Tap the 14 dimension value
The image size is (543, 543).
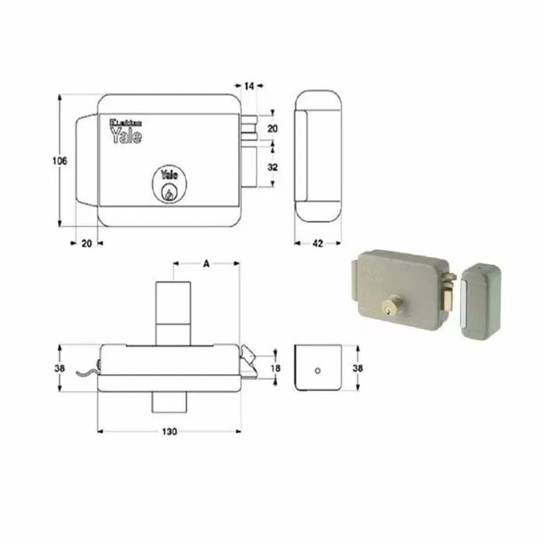pyautogui.click(x=249, y=87)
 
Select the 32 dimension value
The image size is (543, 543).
pyautogui.click(x=272, y=167)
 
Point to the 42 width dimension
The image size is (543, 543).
pyautogui.click(x=317, y=243)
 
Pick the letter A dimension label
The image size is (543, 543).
pyautogui.click(x=206, y=264)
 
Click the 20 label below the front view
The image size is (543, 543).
pyautogui.click(x=86, y=243)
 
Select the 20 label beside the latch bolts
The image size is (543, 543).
pyautogui.click(x=272, y=127)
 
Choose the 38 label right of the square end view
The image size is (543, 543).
pyautogui.click(x=357, y=368)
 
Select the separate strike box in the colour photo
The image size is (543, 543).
pyautogui.click(x=481, y=299)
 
